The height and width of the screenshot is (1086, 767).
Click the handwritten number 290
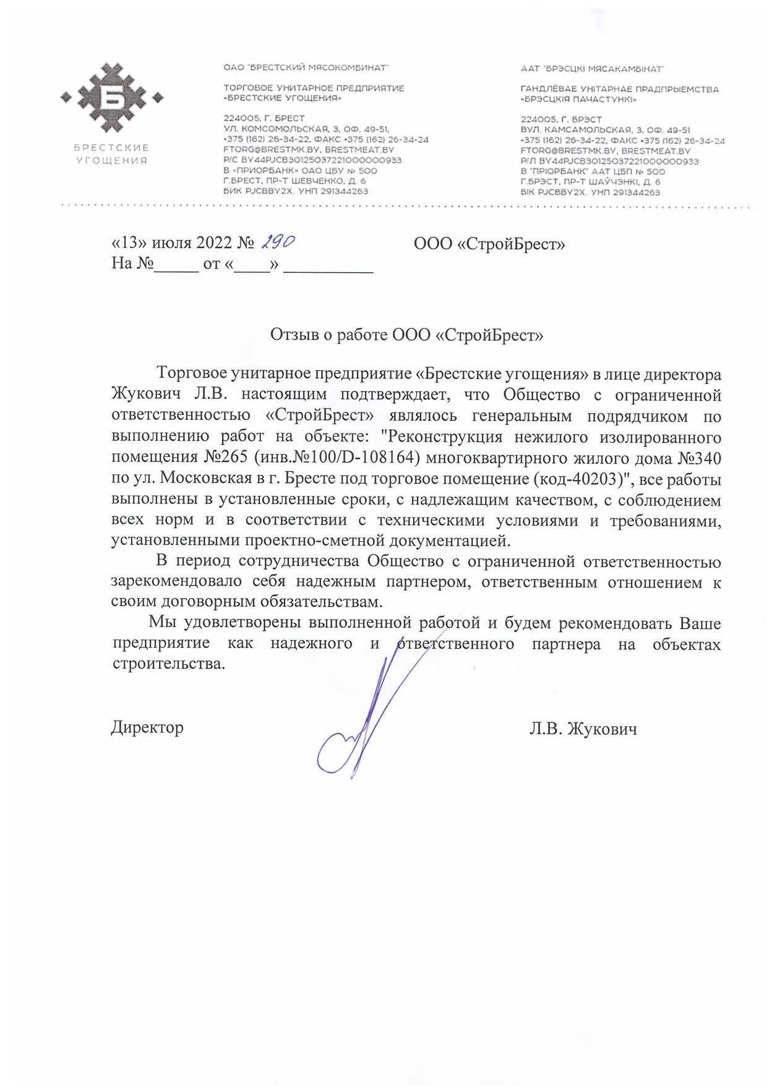pyautogui.click(x=276, y=242)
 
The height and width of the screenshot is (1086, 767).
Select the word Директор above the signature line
pyautogui.click(x=147, y=727)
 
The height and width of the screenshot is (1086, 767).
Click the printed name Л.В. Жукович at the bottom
pyautogui.click(x=583, y=729)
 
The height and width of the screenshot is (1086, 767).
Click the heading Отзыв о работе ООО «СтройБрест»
pyautogui.click(x=406, y=335)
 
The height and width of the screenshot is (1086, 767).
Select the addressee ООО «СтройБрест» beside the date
pyautogui.click(x=489, y=244)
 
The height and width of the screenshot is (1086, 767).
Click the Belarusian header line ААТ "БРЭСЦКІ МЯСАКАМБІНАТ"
pyautogui.click(x=592, y=68)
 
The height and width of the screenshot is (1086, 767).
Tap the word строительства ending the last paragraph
pyautogui.click(x=168, y=664)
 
